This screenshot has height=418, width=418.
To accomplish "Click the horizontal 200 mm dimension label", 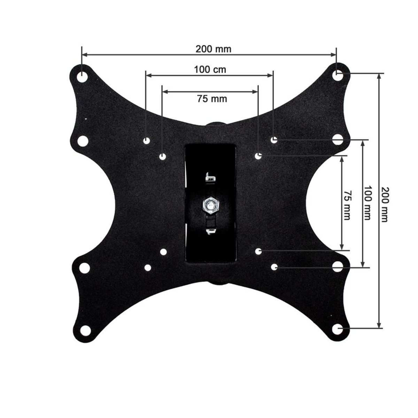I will click(213, 49).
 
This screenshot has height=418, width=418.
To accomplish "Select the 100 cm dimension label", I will click(210, 70).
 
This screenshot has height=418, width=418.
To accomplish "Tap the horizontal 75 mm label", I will click(212, 99).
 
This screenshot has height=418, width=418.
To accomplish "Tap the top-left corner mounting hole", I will click(83, 76).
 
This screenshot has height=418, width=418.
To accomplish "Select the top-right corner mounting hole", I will click(337, 75).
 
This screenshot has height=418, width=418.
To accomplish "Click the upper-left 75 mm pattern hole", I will click(163, 157).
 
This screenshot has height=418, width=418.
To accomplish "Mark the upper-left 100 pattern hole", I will click(147, 140).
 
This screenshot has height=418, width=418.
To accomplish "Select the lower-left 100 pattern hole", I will click(148, 268).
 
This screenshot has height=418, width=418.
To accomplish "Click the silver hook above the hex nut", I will click(210, 178).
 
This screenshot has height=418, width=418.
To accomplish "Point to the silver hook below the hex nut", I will click(210, 231).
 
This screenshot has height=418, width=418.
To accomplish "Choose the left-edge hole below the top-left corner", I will click(83, 141).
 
